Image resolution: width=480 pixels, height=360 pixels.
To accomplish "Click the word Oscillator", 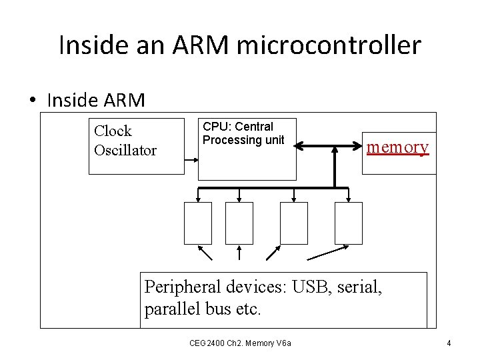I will (x=125, y=150).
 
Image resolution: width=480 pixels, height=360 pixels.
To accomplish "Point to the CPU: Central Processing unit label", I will (x=243, y=133).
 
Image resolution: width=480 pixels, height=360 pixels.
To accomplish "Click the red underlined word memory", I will (x=397, y=147).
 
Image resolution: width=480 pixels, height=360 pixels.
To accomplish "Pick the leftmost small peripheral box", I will (x=197, y=223).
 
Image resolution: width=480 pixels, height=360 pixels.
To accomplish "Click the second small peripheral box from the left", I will (x=239, y=223).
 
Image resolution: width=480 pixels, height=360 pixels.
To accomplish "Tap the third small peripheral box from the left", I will (x=294, y=223).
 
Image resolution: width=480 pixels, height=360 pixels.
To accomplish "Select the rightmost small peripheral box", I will (x=349, y=223).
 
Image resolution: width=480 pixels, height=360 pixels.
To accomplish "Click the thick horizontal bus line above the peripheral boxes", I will (x=273, y=187).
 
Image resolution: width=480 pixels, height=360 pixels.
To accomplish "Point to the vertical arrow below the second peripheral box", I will (x=239, y=253).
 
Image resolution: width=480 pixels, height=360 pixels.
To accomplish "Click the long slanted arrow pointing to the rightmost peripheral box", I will (x=327, y=253).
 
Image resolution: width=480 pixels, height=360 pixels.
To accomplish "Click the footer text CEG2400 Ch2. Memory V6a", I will (x=245, y=343).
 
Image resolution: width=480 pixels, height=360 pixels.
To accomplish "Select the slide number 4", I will (x=449, y=343).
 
